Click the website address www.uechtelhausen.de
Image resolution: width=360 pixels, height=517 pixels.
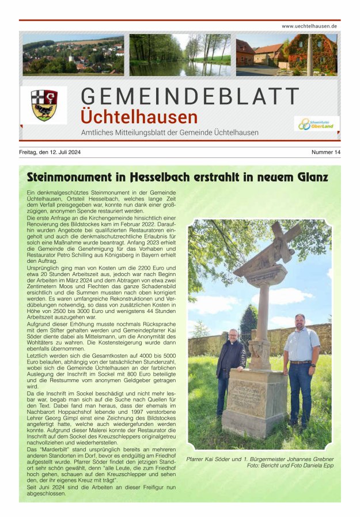click(x=309, y=26)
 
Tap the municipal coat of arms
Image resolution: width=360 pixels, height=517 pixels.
click(x=44, y=104)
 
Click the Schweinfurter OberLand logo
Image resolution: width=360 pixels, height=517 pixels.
click(x=317, y=123)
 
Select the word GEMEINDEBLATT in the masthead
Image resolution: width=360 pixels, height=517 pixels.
click(x=190, y=96)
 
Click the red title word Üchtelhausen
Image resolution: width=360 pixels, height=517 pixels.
click(x=139, y=117)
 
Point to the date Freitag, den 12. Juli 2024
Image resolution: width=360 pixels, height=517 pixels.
click(x=50, y=152)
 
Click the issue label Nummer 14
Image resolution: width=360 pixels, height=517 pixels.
click(x=326, y=152)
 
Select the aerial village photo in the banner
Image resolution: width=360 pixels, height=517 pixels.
click(x=73, y=54)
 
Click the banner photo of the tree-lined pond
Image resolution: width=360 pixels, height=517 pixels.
click(x=180, y=54)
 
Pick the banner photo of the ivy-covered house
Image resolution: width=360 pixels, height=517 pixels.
click(x=286, y=54)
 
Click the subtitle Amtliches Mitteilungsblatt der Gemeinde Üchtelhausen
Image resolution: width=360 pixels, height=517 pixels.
click(x=169, y=133)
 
